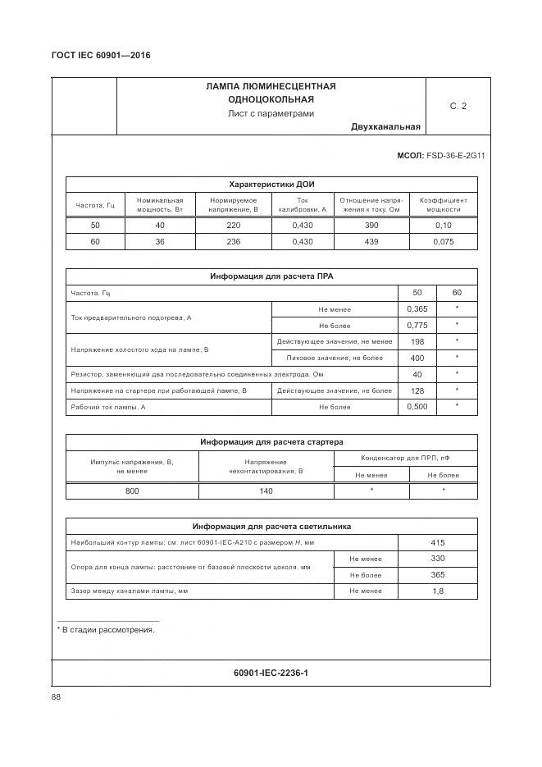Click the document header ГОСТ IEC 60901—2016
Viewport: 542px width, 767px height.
pyautogui.click(x=101, y=56)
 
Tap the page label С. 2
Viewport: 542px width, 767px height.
pyautogui.click(x=458, y=106)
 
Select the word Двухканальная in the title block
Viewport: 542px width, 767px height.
pyautogui.click(x=385, y=126)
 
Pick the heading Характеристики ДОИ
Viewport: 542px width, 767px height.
pyautogui.click(x=271, y=184)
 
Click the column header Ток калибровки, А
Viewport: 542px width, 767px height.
pyautogui.click(x=302, y=204)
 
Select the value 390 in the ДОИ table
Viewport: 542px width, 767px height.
pyautogui.click(x=371, y=225)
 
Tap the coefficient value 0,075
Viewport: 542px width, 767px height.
pyautogui.click(x=444, y=241)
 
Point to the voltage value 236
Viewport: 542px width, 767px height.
pyautogui.click(x=233, y=241)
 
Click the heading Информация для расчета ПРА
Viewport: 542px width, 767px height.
pyautogui.click(x=271, y=276)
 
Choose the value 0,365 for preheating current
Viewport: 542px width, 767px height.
pyautogui.click(x=417, y=308)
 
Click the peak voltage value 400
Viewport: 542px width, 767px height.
pyautogui.click(x=417, y=358)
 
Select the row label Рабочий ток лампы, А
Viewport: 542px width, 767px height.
pyautogui.click(x=108, y=407)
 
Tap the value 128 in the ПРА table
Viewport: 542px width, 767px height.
pyautogui.click(x=417, y=390)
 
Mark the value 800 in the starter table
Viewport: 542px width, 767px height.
pyautogui.click(x=132, y=491)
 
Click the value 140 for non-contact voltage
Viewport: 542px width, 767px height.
pyautogui.click(x=266, y=491)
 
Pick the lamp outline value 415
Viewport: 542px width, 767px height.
pyautogui.click(x=437, y=542)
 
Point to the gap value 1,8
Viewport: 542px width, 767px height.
pyautogui.click(x=437, y=591)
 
